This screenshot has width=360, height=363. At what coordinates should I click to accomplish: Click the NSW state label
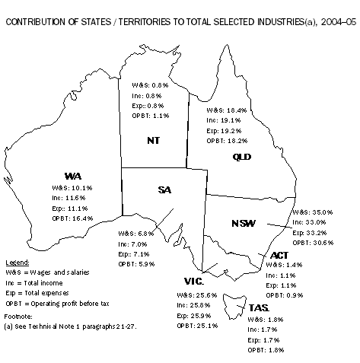pyautogui.click(x=243, y=224)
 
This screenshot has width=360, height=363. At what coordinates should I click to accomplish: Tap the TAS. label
pyautogui.click(x=257, y=308)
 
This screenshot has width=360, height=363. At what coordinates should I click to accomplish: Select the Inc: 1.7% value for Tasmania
pyautogui.click(x=263, y=330)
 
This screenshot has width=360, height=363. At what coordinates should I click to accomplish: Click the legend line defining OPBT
pyautogui.click(x=57, y=299)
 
